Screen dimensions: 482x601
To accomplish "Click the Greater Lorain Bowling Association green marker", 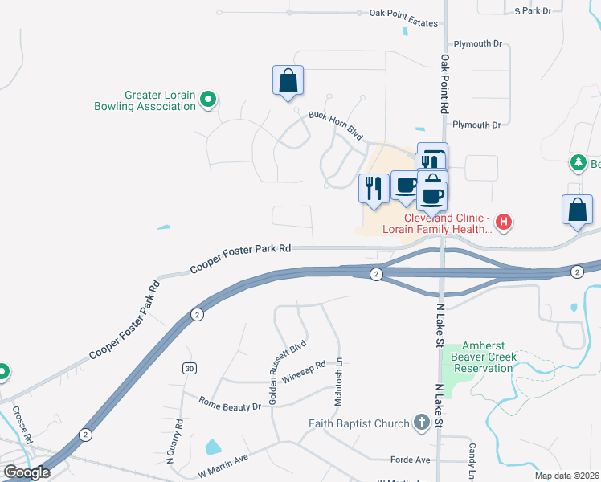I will coord(208,100).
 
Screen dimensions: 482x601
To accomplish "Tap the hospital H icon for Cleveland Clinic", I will coord(503,222).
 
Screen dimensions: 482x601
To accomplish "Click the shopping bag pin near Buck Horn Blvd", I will coord(288,80).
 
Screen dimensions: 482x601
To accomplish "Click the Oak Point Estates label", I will coord(403,14).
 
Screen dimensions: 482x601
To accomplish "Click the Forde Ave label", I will coord(410,460).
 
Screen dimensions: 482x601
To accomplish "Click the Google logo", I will coord(27,472).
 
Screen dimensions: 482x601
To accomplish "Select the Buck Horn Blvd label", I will coord(337,125).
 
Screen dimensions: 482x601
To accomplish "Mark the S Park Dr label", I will coord(533,10).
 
